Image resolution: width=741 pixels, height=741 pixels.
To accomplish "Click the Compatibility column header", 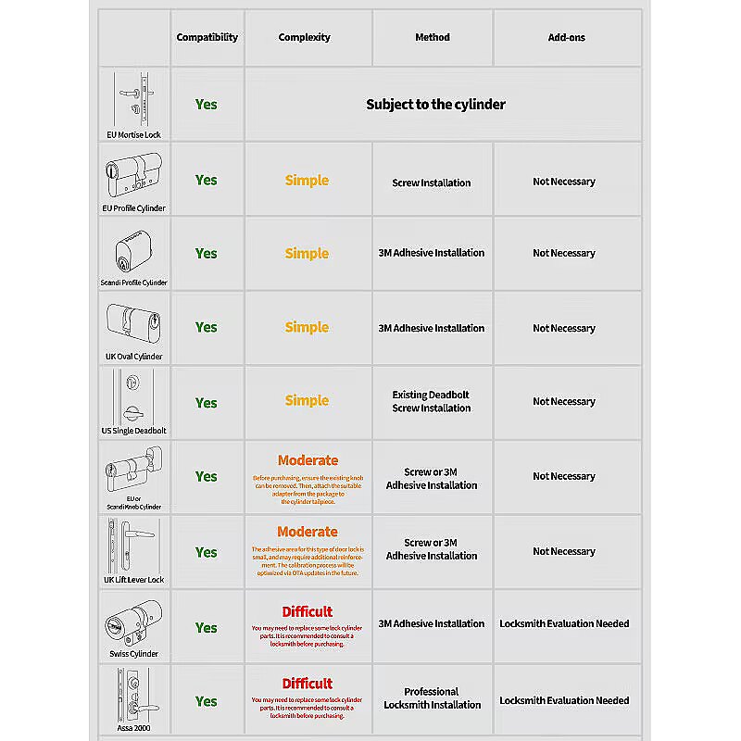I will [207, 38].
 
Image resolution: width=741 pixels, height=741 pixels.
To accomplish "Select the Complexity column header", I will [304, 38].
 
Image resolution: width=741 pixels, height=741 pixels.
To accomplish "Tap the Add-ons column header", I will [566, 38].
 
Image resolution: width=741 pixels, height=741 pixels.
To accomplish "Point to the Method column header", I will [432, 38].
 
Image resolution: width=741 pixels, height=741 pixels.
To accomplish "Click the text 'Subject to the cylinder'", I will [435, 105].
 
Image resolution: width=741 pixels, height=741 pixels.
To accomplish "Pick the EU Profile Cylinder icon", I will [133, 173].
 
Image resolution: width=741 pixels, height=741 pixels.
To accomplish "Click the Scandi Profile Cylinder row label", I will [133, 283].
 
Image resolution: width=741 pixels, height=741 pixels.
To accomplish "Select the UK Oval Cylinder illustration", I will [133, 320].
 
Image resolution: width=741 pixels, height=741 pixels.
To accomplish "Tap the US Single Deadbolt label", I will [133, 431].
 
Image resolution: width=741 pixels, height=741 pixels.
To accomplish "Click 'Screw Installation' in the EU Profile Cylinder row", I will [431, 182].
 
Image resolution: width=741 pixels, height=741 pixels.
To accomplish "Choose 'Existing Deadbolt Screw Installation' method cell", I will [431, 401].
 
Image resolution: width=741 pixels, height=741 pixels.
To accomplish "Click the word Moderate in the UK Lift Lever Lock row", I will [308, 532].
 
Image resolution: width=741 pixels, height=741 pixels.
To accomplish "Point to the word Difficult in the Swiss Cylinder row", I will [307, 611].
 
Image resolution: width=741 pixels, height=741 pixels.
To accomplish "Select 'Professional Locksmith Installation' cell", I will [432, 698].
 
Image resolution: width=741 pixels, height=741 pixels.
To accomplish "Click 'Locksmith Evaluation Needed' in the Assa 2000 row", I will [564, 700].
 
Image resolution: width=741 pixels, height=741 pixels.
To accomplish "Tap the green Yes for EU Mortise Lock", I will [206, 105].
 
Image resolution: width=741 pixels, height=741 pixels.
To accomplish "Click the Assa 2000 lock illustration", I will [133, 692].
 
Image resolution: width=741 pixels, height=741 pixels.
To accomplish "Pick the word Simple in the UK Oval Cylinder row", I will [307, 328].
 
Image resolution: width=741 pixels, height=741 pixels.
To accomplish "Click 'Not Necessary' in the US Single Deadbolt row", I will [564, 402].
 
